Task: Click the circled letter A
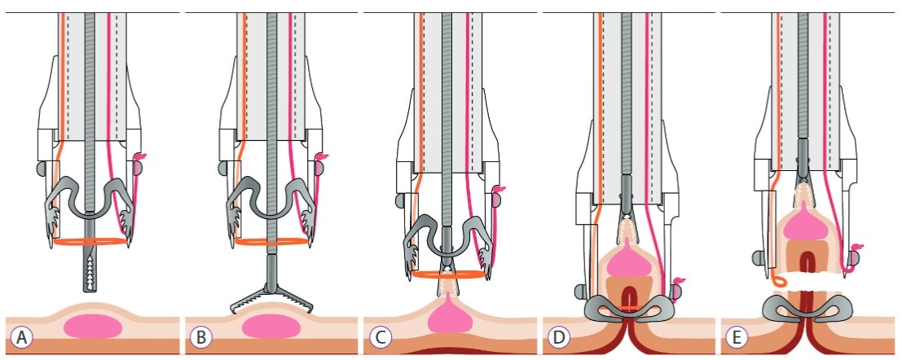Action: (x=22, y=337)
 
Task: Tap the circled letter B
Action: (x=200, y=337)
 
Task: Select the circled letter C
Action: (x=380, y=337)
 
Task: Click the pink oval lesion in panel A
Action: (x=93, y=326)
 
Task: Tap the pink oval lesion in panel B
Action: (x=271, y=327)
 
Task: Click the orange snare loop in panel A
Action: (x=90, y=242)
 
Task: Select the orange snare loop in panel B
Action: (x=271, y=242)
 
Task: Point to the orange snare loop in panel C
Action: (x=449, y=275)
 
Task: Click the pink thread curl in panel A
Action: (x=140, y=156)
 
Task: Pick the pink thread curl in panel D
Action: (x=678, y=281)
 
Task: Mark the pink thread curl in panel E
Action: (x=856, y=249)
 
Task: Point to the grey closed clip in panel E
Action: (x=807, y=308)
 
